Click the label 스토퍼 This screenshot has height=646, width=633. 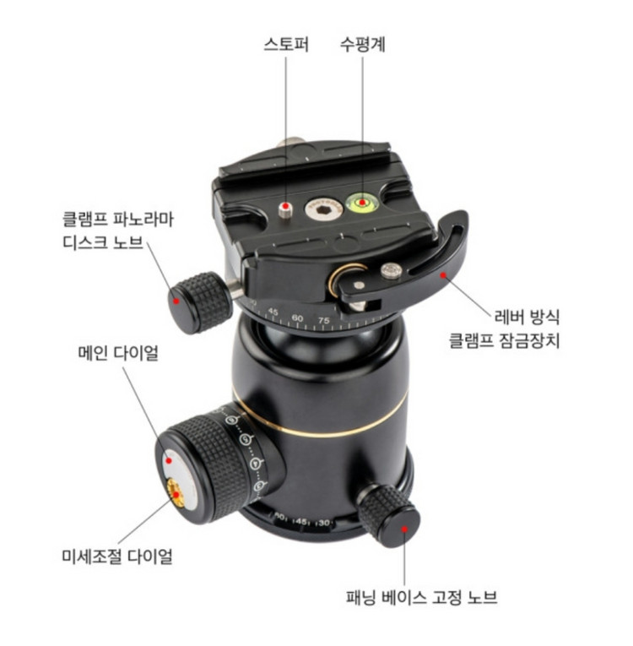point(286,44)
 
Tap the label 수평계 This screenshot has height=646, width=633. point(362,44)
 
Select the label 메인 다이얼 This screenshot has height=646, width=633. point(118,353)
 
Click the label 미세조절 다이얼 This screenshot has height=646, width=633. point(117,556)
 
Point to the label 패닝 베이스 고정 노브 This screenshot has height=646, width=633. point(421,597)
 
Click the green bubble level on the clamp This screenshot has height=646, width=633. point(361,203)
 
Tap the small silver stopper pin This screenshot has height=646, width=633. point(284,209)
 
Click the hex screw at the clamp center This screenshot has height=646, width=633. point(324,209)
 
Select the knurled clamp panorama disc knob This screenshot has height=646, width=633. point(199,302)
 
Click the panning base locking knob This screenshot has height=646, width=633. point(389,515)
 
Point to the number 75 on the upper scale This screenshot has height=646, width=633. point(324,321)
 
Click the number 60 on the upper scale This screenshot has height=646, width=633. point(297,318)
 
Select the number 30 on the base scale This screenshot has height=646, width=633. point(323,523)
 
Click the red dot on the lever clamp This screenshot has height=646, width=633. point(443,274)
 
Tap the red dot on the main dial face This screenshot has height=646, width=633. point(169,460)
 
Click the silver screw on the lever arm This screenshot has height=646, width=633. point(391,271)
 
